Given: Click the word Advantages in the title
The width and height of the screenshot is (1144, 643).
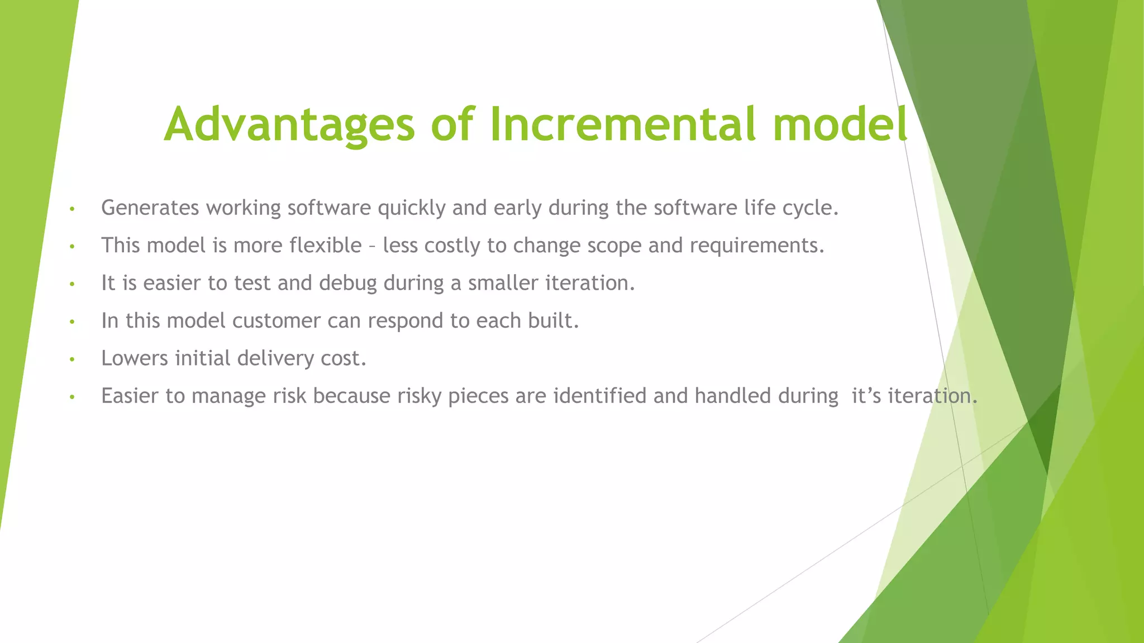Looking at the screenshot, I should pos(289,124).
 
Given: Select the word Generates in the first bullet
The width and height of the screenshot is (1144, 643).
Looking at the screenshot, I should pos(150,208).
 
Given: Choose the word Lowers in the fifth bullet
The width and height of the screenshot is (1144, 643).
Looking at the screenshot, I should pos(135,358).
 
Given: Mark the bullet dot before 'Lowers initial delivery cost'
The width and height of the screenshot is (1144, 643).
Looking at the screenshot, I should pos(71,359).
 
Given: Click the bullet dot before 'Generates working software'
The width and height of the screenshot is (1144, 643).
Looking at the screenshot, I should pos(71,209).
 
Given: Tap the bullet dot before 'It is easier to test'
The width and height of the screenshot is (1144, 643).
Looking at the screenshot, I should pos(71,285).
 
